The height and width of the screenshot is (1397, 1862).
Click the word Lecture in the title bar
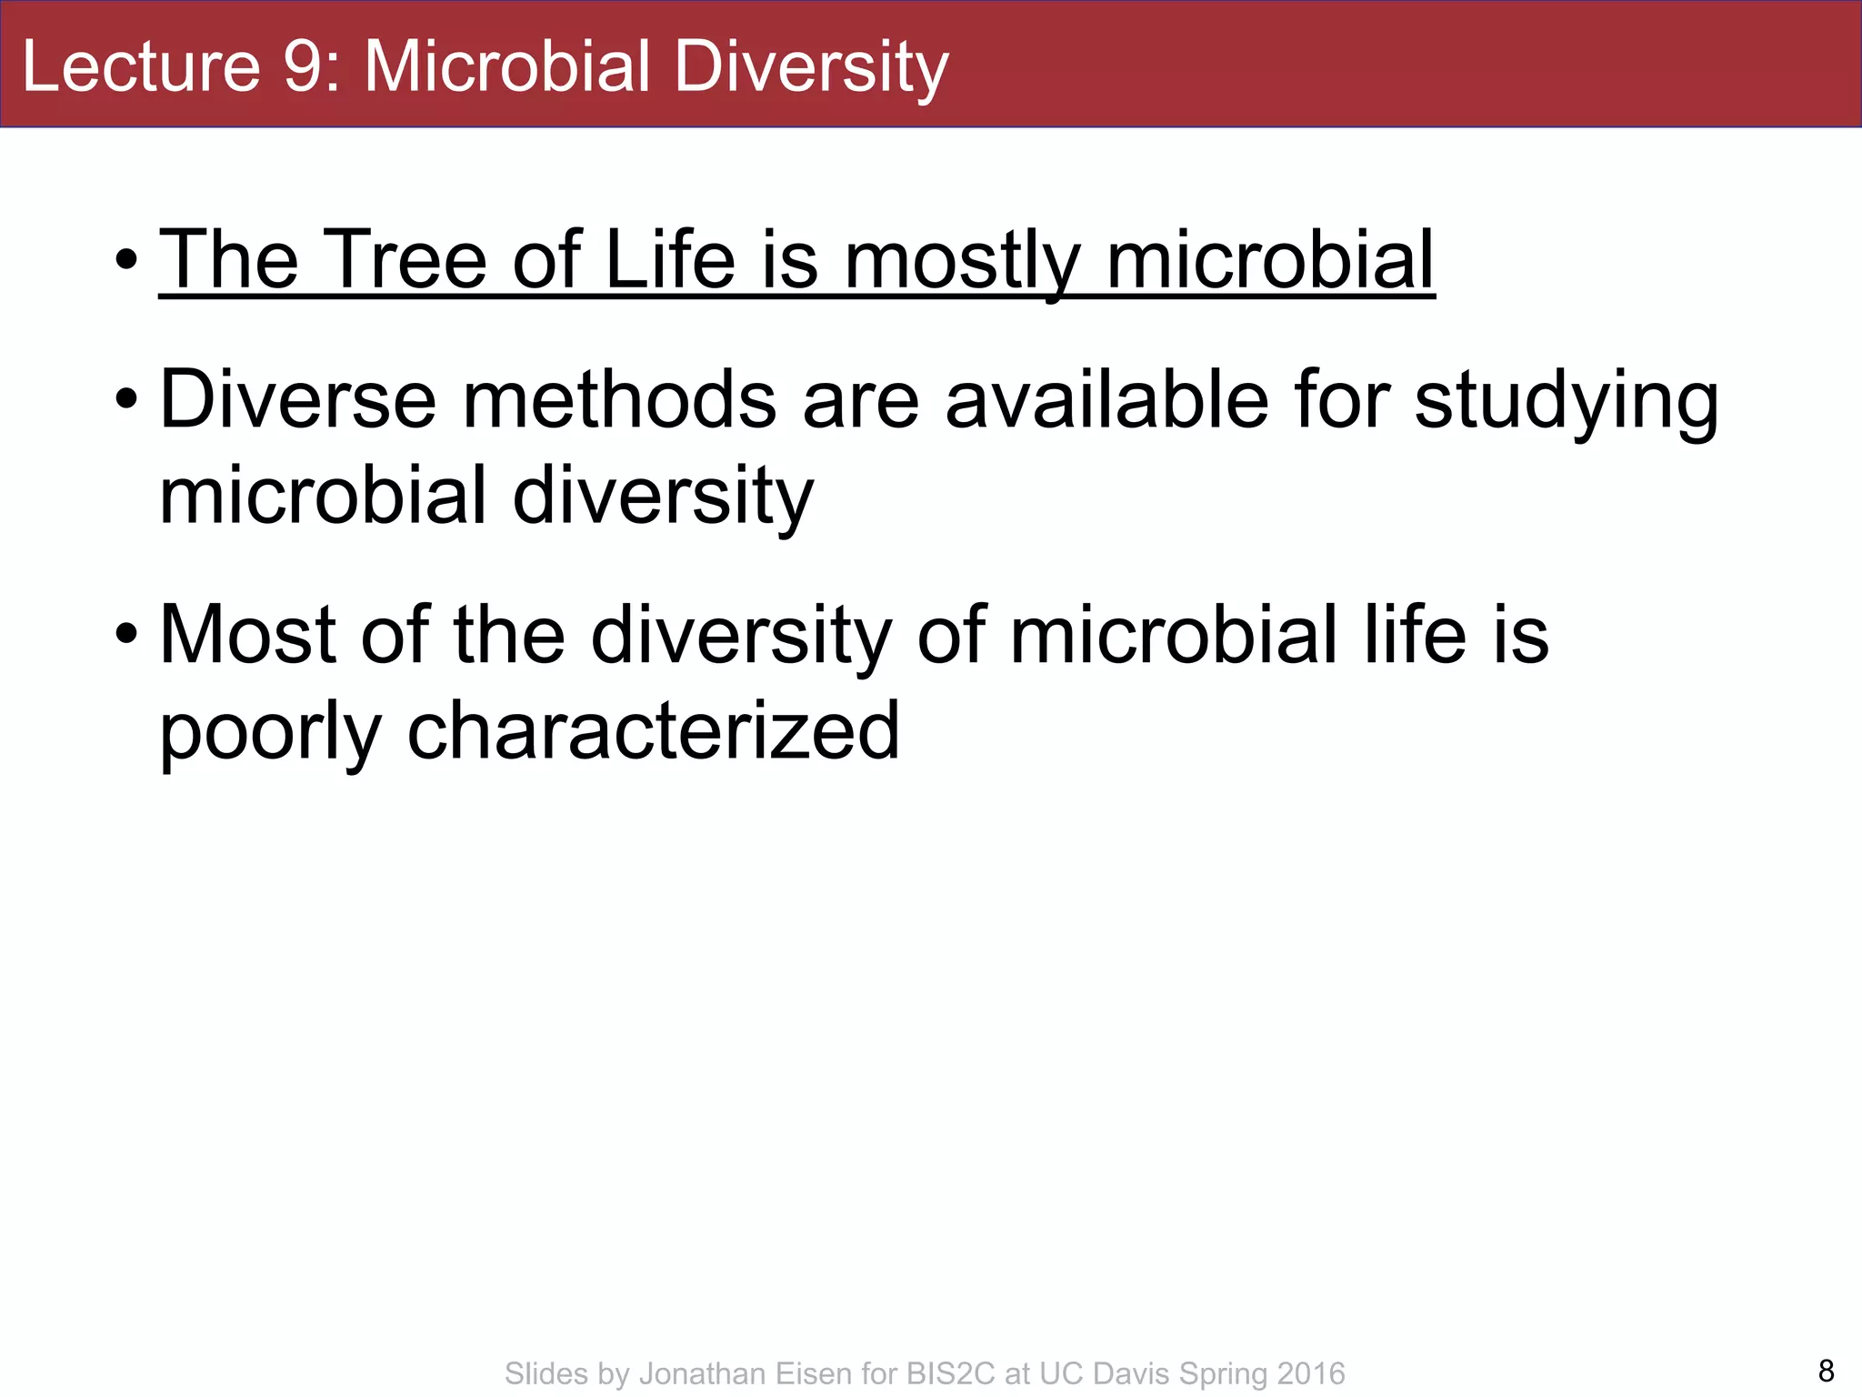click(x=141, y=66)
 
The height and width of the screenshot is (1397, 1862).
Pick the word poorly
click(x=270, y=732)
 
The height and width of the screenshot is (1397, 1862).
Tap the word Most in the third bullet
click(x=247, y=634)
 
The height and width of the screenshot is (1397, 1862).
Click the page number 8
click(x=1826, y=1370)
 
